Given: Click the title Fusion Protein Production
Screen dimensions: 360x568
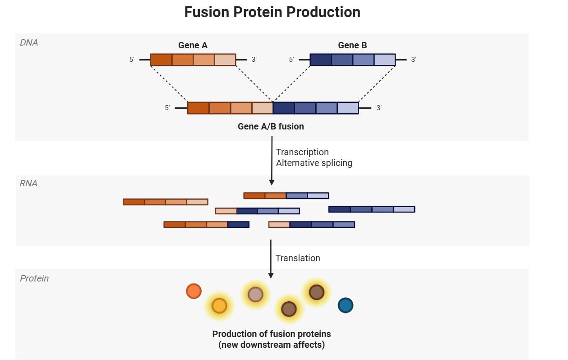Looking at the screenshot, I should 272,12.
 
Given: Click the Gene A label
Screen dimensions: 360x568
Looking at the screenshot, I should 193,45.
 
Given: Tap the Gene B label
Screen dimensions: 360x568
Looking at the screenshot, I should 352,45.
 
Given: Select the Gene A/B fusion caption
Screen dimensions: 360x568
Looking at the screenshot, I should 271,126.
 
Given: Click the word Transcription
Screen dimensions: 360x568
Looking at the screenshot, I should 302,152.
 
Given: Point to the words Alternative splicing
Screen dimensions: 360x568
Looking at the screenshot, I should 314,163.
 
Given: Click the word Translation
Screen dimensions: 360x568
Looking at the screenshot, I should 298,258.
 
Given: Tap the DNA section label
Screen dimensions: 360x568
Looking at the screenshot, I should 29,43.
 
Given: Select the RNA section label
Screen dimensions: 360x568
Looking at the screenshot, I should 28,183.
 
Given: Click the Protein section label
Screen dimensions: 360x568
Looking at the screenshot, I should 34,278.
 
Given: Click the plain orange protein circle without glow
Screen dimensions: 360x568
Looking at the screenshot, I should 194,291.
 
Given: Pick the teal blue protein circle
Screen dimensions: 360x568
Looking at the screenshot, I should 345,305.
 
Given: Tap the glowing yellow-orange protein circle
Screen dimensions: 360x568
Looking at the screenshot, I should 219,306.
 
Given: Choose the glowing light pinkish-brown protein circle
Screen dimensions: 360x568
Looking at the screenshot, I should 255,295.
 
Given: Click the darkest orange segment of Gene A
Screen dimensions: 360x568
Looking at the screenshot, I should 161,60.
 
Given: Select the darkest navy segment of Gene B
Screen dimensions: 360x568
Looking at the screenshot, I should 321,60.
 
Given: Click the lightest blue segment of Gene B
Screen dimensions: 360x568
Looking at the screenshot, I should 384,60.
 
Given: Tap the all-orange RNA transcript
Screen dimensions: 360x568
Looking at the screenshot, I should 166,202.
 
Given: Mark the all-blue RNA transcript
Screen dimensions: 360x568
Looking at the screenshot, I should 372,209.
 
